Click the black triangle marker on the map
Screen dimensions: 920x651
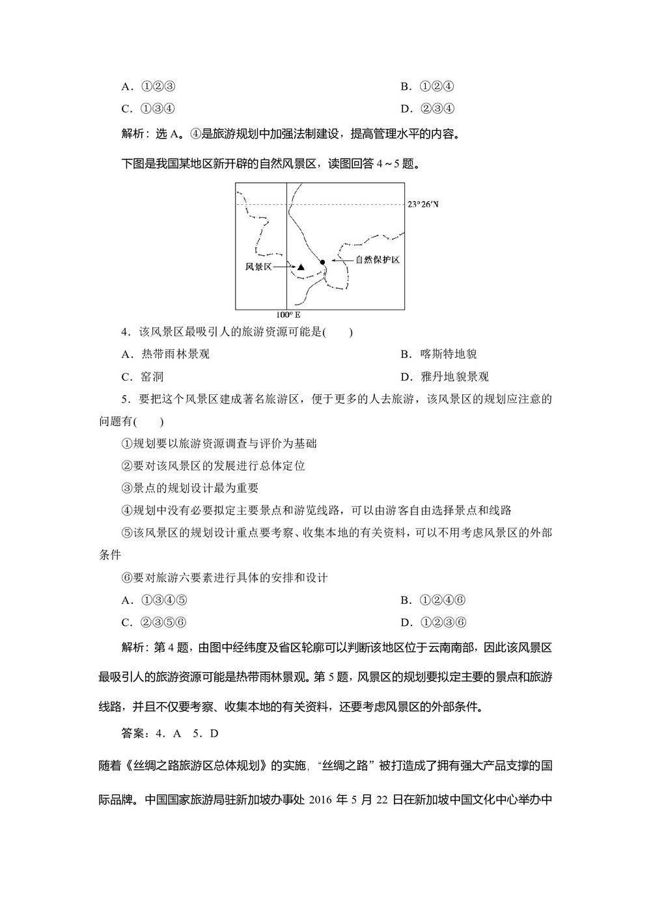click(301, 267)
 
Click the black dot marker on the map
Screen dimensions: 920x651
click(322, 262)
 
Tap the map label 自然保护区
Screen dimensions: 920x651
click(377, 260)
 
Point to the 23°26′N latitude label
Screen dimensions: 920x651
click(423, 204)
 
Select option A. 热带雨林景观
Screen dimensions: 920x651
click(166, 355)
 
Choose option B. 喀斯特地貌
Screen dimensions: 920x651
click(439, 355)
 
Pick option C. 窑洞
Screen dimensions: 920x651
click(143, 377)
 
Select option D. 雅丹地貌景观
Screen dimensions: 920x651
click(445, 377)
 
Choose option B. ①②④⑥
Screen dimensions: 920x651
click(434, 601)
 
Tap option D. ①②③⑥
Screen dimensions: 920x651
click(434, 623)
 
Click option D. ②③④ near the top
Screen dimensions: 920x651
click(428, 109)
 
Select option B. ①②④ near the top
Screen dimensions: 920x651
click(428, 87)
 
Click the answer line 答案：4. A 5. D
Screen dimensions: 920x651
click(171, 733)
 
